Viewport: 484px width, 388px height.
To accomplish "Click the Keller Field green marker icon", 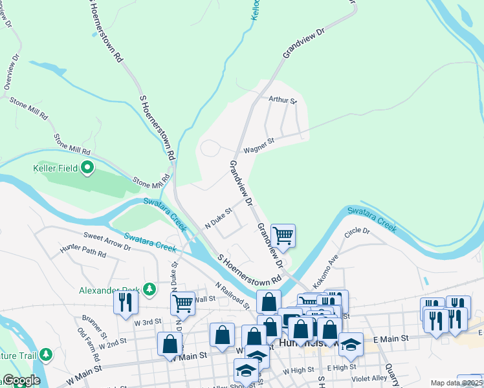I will tap(87, 169).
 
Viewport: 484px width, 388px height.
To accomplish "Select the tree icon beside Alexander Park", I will tap(149, 288).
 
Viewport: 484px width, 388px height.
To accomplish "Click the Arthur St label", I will tap(282, 100).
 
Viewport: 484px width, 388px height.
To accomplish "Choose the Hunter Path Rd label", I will tap(82, 252).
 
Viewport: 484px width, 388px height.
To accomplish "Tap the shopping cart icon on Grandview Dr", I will tap(283, 235).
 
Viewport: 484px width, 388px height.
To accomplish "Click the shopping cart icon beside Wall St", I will tap(182, 303).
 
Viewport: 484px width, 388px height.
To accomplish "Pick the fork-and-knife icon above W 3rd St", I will tap(126, 303).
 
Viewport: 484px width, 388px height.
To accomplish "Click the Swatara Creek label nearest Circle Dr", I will tap(371, 218).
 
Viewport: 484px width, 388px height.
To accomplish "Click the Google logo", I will tap(21, 380).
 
